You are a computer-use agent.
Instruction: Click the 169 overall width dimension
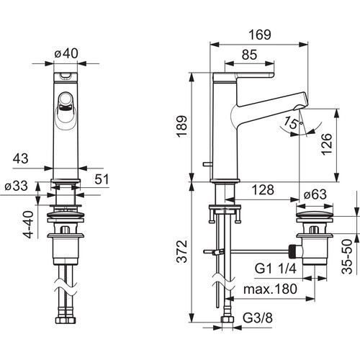(x=260, y=35)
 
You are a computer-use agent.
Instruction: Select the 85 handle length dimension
(x=249, y=55)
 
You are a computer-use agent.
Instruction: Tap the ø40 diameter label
(x=66, y=53)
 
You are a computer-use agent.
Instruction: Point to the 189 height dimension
(x=182, y=126)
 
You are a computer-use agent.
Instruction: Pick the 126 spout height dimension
(x=327, y=145)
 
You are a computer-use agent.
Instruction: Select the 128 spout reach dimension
(x=263, y=190)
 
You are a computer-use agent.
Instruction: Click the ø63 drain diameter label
(x=315, y=194)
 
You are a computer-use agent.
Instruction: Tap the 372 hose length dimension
(x=182, y=251)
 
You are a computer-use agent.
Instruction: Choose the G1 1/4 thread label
(x=276, y=269)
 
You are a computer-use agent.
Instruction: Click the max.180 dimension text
(x=271, y=289)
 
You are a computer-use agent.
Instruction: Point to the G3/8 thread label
(x=258, y=318)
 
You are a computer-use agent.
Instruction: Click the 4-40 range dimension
(x=28, y=225)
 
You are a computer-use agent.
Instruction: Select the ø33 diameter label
(x=17, y=186)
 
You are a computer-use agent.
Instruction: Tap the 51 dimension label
(x=102, y=179)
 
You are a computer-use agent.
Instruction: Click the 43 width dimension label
(x=20, y=158)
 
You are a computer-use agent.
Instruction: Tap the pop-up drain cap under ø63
(x=315, y=215)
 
